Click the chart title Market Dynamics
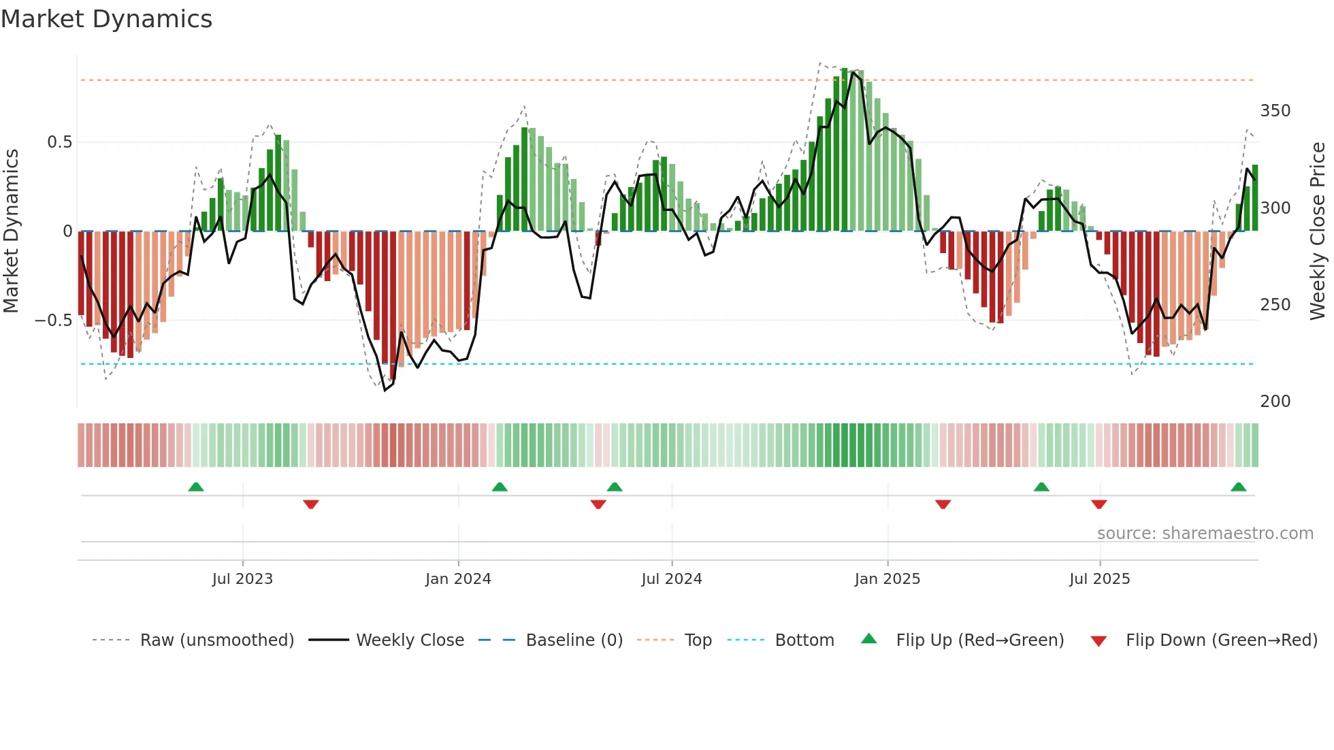point(107,19)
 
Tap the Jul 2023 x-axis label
point(242,579)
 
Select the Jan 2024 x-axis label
point(458,579)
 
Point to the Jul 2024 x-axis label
point(672,579)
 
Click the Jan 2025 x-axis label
point(888,579)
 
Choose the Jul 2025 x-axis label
point(1100,579)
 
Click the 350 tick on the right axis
point(1275,111)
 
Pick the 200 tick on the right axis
point(1275,402)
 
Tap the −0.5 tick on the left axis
point(53,321)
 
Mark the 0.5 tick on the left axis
point(59,142)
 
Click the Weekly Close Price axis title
point(1318,231)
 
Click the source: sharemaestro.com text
point(1205,534)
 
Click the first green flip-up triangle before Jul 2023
point(196,487)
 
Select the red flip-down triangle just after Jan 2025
point(943,504)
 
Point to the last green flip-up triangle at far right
point(1238,487)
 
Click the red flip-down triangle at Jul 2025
point(1099,504)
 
